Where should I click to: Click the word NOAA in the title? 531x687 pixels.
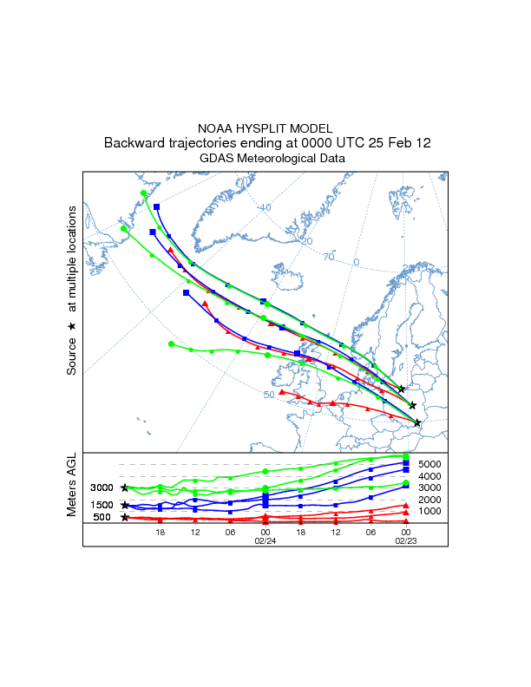pos(216,128)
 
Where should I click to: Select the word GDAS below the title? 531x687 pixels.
pos(219,159)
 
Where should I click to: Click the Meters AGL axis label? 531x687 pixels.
pos(72,487)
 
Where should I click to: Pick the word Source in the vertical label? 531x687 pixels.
pos(72,357)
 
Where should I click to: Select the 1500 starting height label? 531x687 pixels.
pos(102,505)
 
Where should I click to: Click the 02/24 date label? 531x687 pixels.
pos(265,540)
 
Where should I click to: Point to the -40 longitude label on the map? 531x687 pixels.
pos(264,207)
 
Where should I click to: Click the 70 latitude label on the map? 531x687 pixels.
pos(329,258)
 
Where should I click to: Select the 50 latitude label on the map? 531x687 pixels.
pos(269,395)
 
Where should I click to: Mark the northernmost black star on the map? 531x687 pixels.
pos(401,389)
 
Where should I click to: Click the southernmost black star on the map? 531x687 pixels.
pos(417,423)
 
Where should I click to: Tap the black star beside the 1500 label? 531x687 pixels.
pos(125,505)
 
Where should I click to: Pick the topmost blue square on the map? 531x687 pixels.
pos(157,206)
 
